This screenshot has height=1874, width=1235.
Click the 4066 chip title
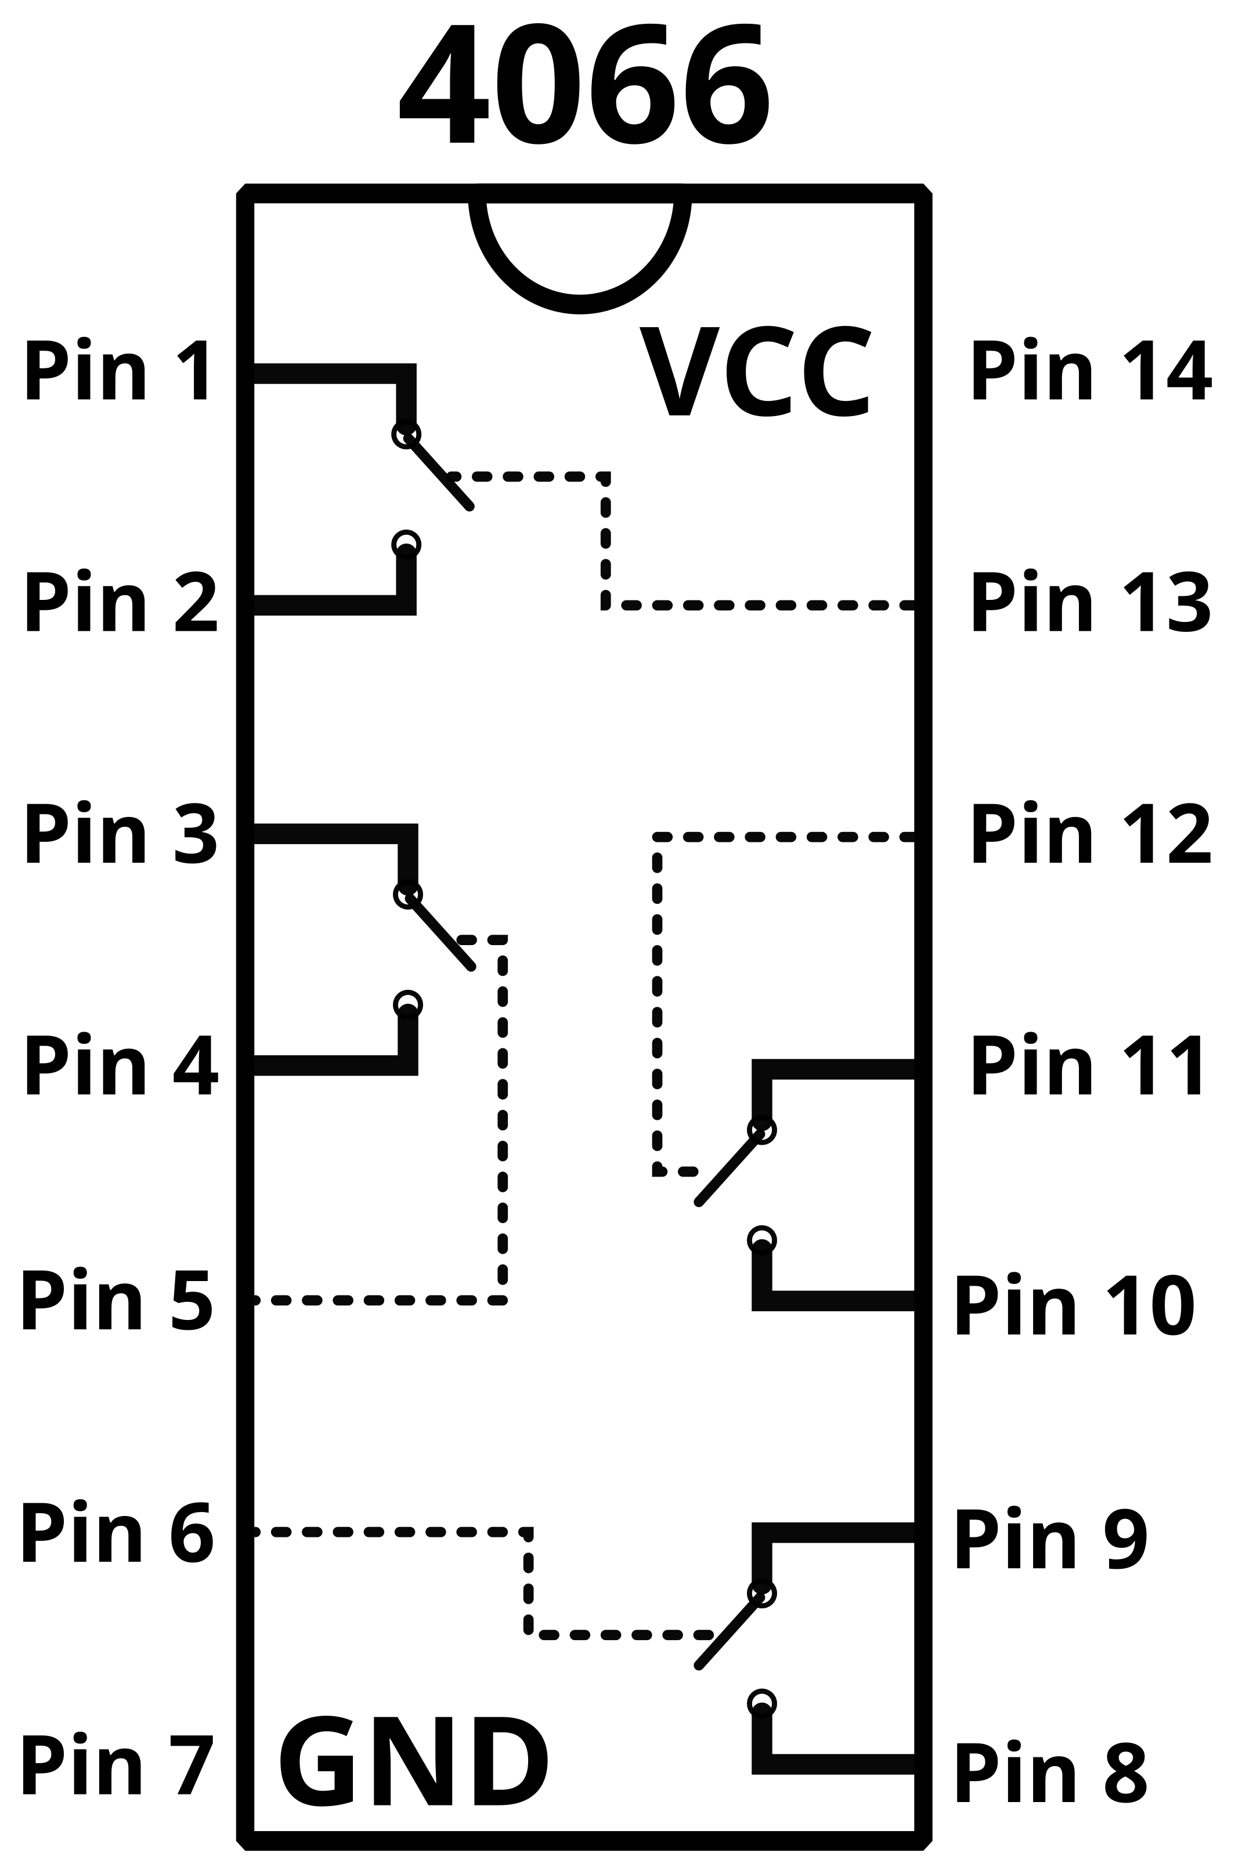(x=584, y=85)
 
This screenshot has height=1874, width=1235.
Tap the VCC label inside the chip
(x=754, y=371)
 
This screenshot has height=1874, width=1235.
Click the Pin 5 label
(x=117, y=1299)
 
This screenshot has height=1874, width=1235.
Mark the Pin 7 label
(x=117, y=1764)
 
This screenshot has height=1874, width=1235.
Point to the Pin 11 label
(x=1088, y=1065)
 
